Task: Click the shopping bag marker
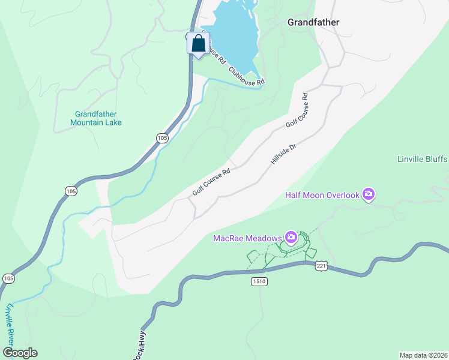199,44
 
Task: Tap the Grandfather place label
313,22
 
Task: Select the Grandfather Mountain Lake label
96,118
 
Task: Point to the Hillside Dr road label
285,154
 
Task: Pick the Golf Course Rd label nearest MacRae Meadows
211,182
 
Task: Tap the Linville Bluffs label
423,159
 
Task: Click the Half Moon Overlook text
322,194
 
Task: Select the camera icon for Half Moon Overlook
368,194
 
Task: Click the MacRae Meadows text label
247,238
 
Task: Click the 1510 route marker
259,281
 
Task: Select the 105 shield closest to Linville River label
8,278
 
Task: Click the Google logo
20,353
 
